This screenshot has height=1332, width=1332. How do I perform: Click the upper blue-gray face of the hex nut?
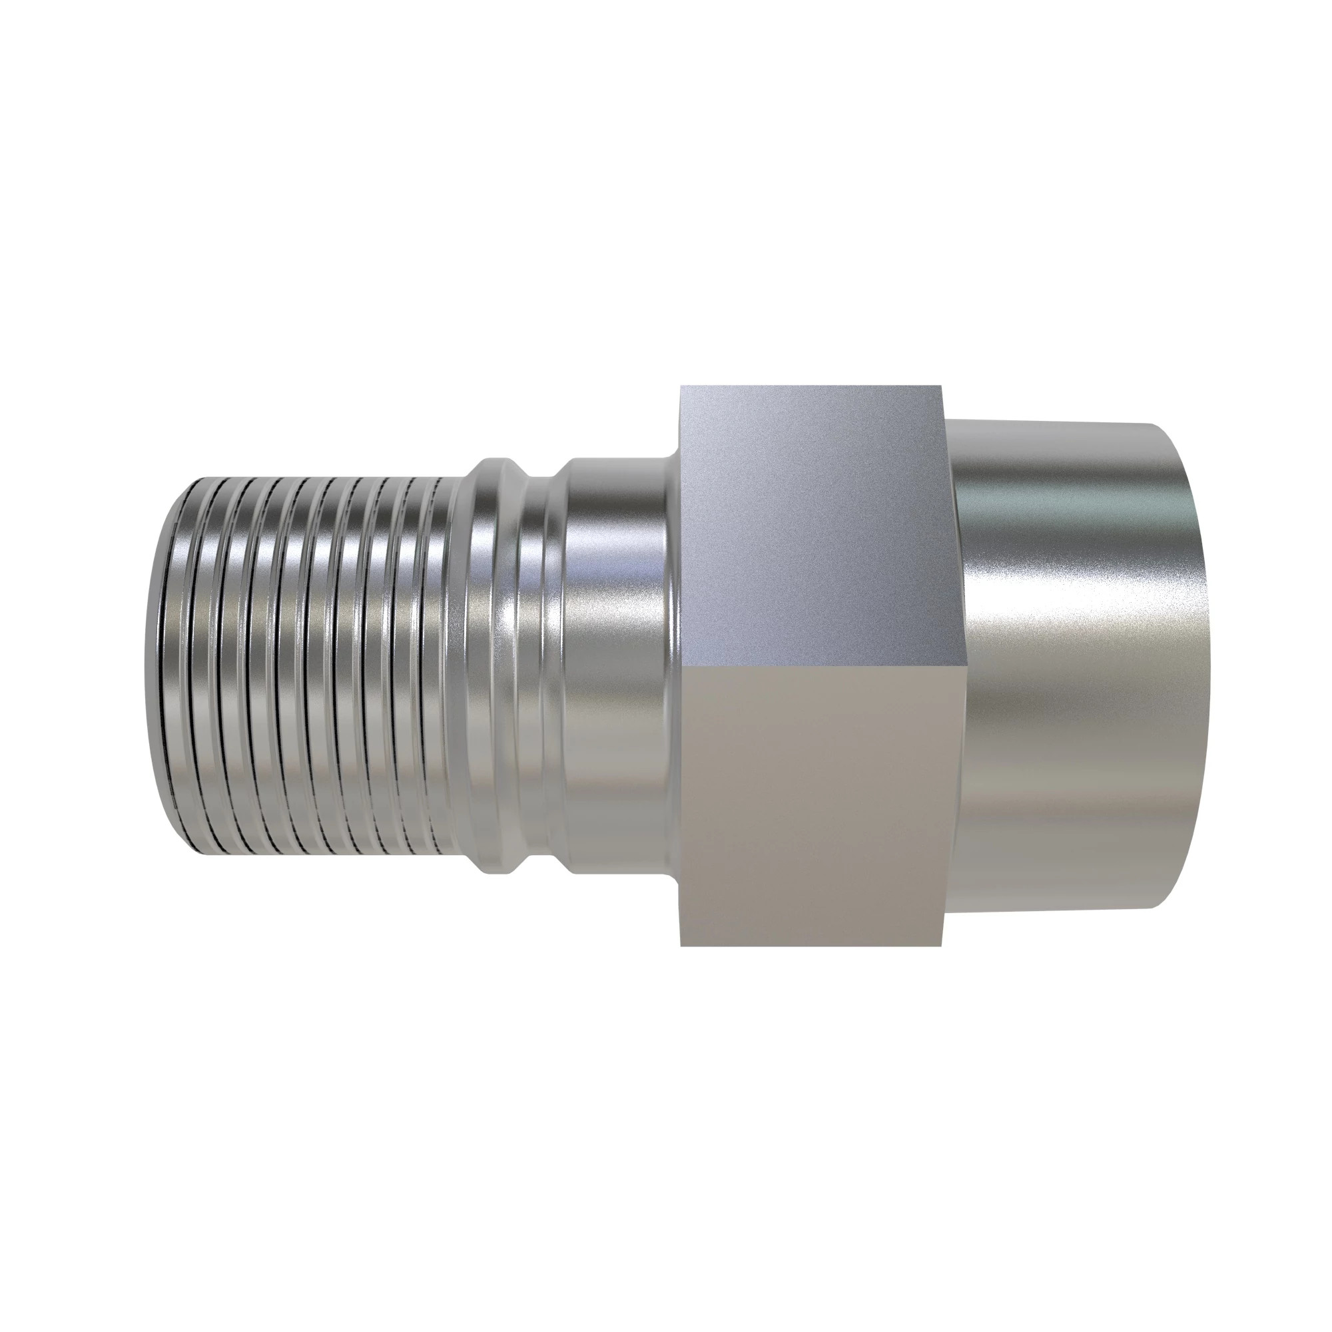(810, 524)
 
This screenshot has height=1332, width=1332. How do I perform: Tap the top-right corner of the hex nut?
(942, 386)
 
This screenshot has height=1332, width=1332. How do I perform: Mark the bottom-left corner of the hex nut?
(681, 945)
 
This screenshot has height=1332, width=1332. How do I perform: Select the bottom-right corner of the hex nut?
(942, 945)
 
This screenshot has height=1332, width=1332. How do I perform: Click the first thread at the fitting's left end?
(180, 665)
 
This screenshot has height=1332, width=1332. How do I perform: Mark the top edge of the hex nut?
(810, 387)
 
